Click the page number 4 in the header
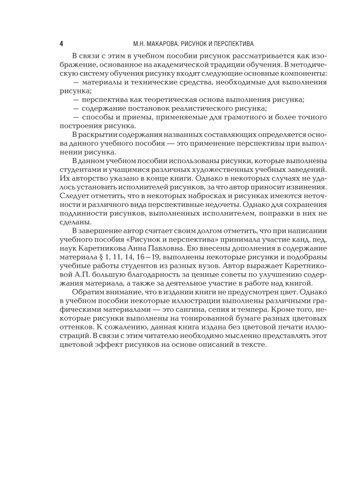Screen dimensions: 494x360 point(61,43)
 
